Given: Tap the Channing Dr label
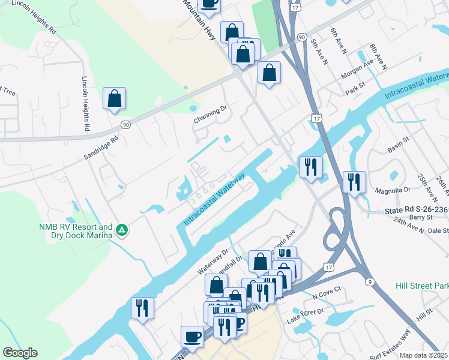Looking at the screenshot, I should tap(211, 115).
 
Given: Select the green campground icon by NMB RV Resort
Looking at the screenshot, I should tap(121, 229).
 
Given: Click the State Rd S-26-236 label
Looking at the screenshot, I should tap(416, 210).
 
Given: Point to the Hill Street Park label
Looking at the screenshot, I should tap(422, 286).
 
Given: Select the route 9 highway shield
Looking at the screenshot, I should tap(370, 281).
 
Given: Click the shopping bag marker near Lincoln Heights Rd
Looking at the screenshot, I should tap(114, 99).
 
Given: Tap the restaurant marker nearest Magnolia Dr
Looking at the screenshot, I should tap(354, 182).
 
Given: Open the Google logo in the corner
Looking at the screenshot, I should tap(20, 353).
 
